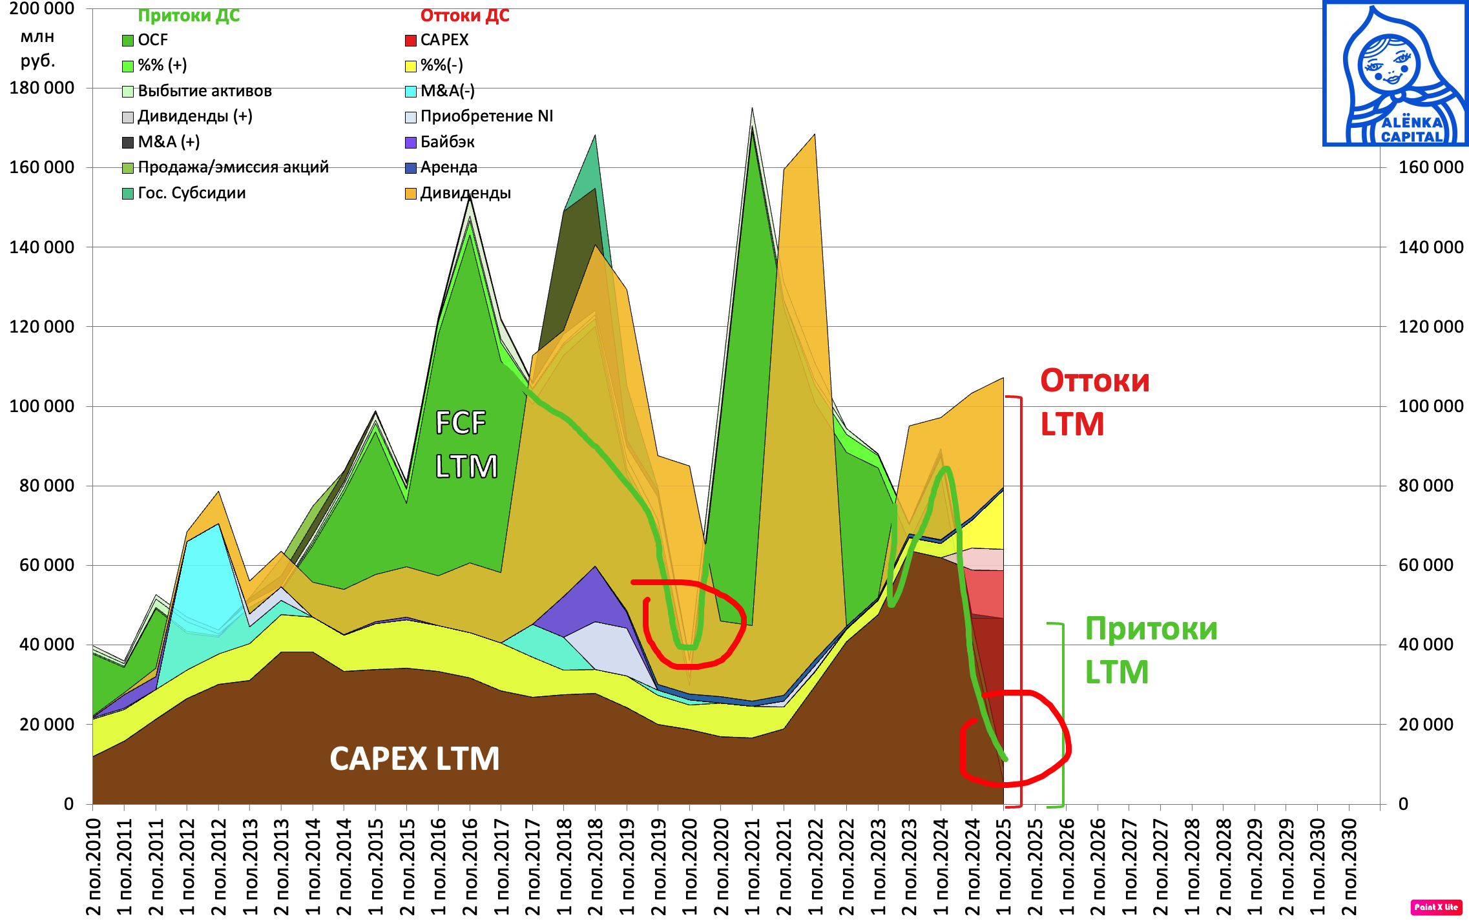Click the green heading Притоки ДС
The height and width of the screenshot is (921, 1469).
(189, 16)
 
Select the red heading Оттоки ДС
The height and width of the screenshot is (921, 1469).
(464, 16)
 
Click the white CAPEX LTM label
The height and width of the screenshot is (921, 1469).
(414, 759)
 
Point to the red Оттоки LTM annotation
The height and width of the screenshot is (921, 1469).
(1094, 402)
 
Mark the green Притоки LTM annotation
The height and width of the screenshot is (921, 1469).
(1151, 650)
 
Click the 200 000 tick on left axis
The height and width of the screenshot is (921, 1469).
(41, 8)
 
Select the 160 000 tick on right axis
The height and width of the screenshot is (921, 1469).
(1430, 167)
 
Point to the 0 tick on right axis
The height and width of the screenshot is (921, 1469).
(1403, 804)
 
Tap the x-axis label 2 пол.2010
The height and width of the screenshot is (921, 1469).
(94, 866)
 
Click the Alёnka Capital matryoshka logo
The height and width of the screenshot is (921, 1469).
(1395, 74)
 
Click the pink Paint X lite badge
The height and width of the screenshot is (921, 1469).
(1436, 907)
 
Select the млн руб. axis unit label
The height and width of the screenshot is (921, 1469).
(37, 48)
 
